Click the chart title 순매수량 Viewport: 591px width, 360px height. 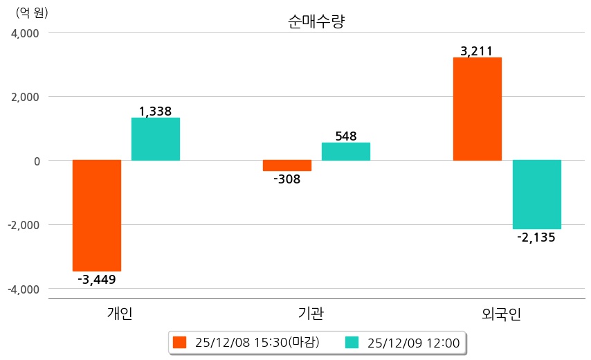tap(316, 21)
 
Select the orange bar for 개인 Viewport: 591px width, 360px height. tap(97, 215)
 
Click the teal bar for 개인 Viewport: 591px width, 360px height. tap(156, 139)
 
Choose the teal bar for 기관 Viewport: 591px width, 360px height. tap(346, 152)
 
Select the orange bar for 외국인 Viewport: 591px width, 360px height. tap(478, 109)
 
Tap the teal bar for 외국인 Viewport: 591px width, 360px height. tap(537, 195)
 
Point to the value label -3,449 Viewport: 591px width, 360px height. tap(97, 280)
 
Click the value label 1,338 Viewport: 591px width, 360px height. tap(155, 111)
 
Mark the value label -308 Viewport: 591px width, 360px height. tap(287, 179)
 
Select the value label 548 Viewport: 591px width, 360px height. tap(346, 136)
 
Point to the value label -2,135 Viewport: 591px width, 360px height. tap(536, 237)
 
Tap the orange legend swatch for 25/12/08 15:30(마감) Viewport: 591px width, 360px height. tap(180, 342)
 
